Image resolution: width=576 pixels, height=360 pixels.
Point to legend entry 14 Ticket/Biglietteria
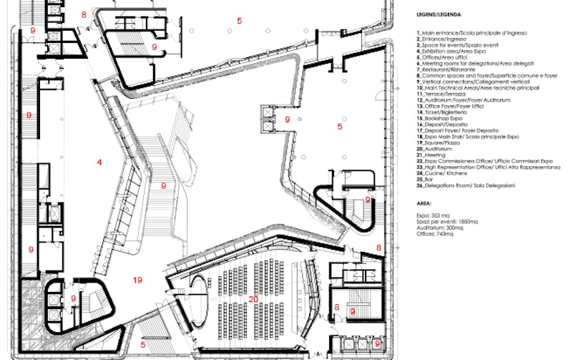pos(447,112)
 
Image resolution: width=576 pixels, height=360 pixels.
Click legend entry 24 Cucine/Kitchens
pos(444,173)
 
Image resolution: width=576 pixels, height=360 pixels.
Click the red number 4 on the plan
pos(99,163)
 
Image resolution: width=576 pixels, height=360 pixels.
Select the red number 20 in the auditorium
pos(253,299)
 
